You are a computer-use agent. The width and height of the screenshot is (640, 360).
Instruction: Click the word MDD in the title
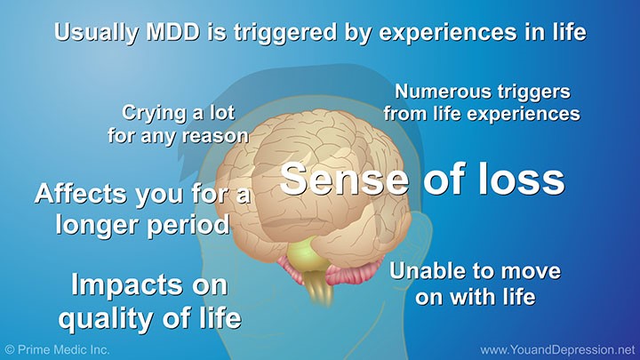tap(172, 32)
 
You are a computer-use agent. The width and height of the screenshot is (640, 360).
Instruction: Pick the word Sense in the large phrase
tap(344, 180)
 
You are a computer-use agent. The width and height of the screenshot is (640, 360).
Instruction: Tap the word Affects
tap(81, 194)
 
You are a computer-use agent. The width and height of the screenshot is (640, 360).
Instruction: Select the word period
tap(188, 225)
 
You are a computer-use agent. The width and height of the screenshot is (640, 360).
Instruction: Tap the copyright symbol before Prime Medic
tap(10, 350)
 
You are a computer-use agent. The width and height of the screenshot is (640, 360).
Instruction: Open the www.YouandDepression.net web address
tap(558, 350)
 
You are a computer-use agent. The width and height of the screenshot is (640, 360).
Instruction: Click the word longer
tap(99, 225)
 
